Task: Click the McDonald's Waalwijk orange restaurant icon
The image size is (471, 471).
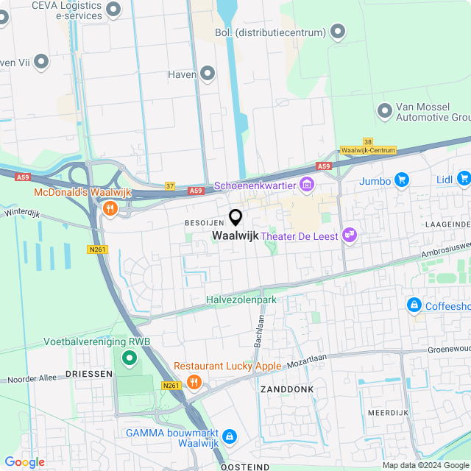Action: click(x=110, y=208)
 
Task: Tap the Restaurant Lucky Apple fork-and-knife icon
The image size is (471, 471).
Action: click(x=194, y=381)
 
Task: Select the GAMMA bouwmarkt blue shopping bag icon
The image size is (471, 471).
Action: click(x=230, y=437)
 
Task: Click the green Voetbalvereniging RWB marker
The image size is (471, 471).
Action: click(x=130, y=358)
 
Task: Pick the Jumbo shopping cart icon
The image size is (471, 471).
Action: click(x=401, y=180)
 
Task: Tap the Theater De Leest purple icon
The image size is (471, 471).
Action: click(x=350, y=235)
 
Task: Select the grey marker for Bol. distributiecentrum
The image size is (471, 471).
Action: click(x=338, y=32)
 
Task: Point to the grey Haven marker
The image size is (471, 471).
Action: click(x=208, y=74)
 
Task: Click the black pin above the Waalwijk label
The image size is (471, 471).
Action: click(x=235, y=217)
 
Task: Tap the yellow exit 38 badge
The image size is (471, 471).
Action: click(x=367, y=141)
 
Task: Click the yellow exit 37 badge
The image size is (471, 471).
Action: click(x=170, y=186)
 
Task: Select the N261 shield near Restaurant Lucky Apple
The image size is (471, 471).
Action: click(x=171, y=385)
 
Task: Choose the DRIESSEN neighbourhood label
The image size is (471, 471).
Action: click(x=88, y=374)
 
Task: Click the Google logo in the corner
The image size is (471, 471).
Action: click(x=24, y=462)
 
